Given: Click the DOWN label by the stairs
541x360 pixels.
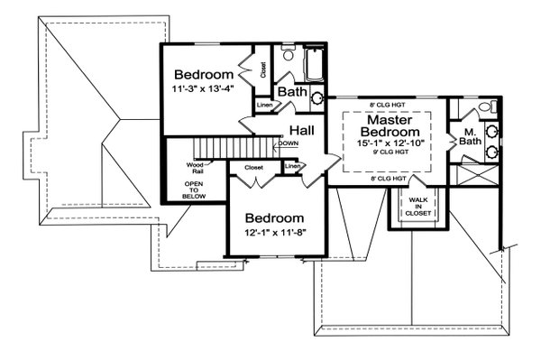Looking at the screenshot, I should pos(289,143).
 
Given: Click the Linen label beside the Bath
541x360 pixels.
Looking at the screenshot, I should pos(265,107).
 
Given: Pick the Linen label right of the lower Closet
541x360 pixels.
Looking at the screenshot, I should pos(293,167).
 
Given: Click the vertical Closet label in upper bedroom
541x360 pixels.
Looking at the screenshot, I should pos(262,69).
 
